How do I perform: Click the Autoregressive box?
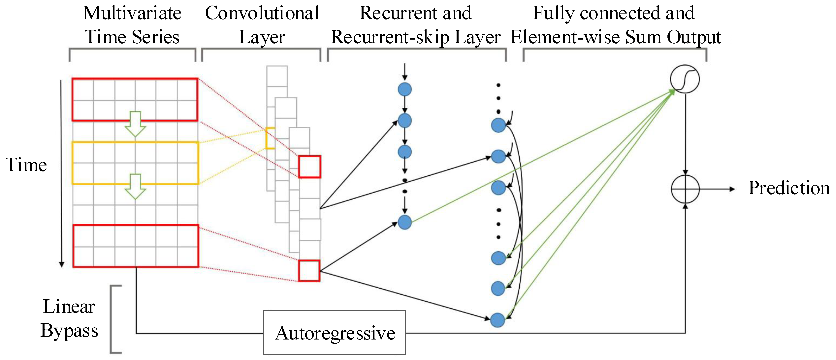click(334, 333)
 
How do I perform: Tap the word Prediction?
click(789, 188)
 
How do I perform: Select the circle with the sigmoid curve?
click(685, 79)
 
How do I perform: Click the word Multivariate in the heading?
click(132, 14)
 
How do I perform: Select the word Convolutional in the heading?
click(262, 14)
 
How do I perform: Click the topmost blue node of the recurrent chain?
click(405, 89)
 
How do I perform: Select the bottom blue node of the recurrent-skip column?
click(498, 320)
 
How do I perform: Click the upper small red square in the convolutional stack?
click(310, 167)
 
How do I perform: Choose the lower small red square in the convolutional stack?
click(309, 270)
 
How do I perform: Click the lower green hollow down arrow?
click(135, 186)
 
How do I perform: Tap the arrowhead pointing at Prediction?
click(732, 189)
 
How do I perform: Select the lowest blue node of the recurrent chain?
click(405, 222)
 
